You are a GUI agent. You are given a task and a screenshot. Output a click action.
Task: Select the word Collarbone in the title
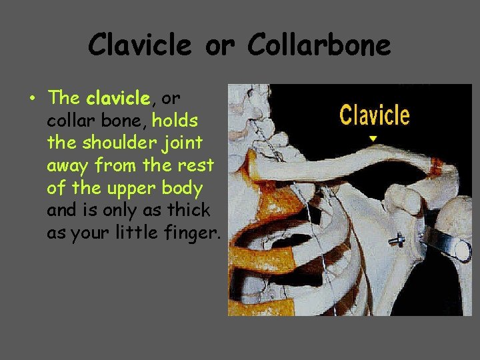coord(319,45)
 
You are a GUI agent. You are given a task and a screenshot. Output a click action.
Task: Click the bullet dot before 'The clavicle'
coord(32,99)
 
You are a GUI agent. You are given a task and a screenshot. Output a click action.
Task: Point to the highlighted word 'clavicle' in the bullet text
coord(118,98)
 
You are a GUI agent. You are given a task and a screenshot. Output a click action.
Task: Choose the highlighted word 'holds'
coord(175,121)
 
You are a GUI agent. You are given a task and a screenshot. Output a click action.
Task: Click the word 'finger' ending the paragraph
coord(194,233)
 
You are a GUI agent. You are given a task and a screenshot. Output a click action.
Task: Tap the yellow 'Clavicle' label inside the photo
coord(374,115)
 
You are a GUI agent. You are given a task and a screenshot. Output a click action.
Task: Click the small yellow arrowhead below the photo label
coord(373,139)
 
